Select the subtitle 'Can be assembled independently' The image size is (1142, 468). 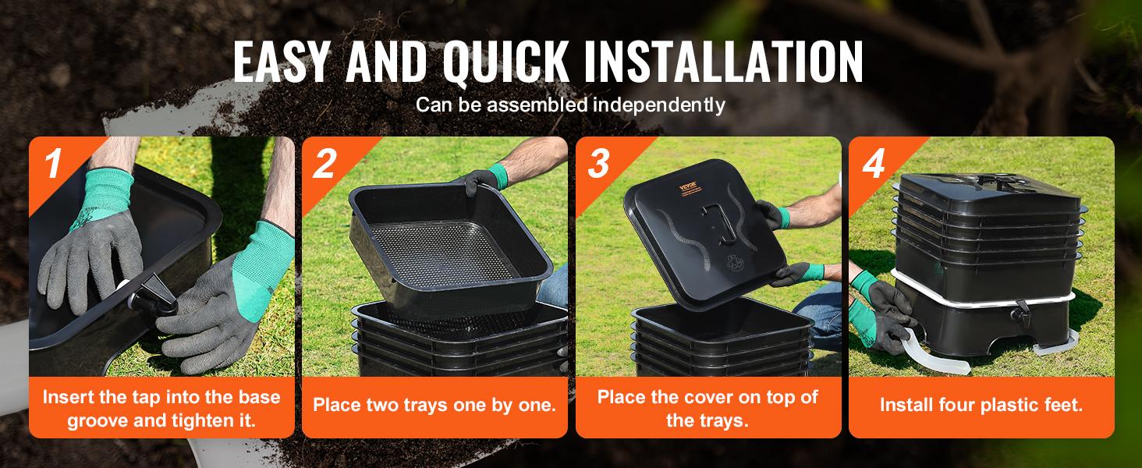[570, 104]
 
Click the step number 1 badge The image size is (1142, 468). [52, 165]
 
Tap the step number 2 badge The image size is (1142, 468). [325, 165]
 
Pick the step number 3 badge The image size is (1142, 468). [599, 165]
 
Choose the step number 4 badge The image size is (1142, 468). [873, 165]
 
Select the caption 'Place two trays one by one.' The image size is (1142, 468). [434, 406]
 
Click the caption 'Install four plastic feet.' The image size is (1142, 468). [981, 406]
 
